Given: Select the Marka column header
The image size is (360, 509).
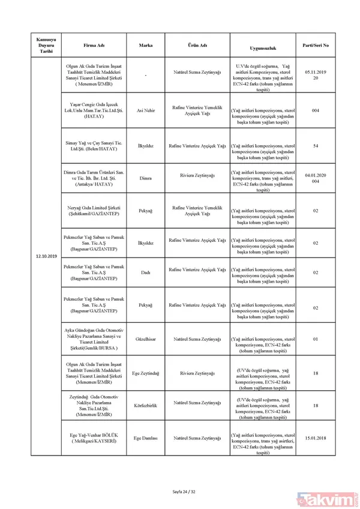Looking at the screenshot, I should (145, 46).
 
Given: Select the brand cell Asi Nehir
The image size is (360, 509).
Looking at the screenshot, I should (145, 110).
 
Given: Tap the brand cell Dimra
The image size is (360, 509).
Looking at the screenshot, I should (145, 178).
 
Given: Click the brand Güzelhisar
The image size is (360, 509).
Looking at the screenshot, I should (145, 339).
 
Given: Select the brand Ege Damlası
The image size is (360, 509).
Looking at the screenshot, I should (145, 438).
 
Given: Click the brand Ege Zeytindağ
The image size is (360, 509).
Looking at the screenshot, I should (145, 372).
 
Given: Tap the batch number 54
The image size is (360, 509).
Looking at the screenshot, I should (315, 145).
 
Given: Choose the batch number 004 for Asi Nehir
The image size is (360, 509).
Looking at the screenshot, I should (315, 110).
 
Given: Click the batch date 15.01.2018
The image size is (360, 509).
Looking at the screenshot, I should (315, 438).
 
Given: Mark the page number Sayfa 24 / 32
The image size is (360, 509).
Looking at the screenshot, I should (180, 492).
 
